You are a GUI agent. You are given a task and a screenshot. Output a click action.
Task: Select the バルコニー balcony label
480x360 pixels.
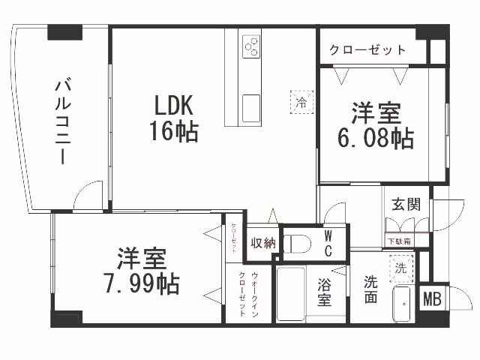pos(61,120)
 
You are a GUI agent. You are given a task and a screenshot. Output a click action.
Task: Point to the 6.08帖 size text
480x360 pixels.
pos(376,138)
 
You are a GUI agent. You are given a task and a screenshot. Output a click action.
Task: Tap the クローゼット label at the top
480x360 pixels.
pos(368,50)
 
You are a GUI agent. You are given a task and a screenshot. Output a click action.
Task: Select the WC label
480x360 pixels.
pos(328,243)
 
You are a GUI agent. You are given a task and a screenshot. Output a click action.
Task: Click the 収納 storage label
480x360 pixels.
pos(263,243)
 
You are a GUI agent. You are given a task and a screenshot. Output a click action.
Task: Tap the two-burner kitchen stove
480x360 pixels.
pos(250,49)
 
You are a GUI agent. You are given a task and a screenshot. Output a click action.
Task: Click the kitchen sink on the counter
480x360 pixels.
pos(250,104)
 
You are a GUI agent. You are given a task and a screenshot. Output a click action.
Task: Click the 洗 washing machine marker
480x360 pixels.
pos(400,267)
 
